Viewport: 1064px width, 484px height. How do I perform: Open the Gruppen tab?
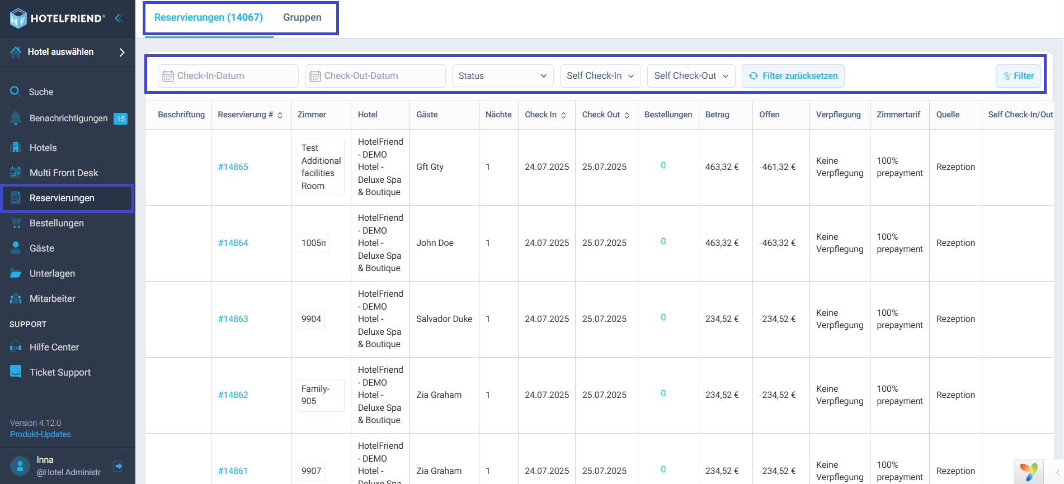(x=302, y=17)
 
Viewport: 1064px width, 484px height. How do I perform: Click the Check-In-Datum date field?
(x=228, y=76)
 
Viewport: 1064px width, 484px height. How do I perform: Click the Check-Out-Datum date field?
(x=375, y=76)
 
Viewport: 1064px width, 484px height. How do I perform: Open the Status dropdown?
(x=502, y=76)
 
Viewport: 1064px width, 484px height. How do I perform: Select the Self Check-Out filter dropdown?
(x=691, y=76)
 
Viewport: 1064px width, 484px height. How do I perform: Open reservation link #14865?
(x=233, y=167)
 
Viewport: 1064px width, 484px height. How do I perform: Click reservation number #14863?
(x=233, y=319)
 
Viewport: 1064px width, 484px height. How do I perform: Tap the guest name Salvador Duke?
(x=444, y=319)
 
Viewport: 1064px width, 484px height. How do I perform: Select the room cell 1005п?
(x=313, y=243)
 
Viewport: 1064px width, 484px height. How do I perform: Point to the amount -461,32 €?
(x=777, y=167)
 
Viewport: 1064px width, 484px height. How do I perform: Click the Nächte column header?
(x=498, y=115)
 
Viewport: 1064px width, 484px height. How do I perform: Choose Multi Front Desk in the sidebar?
(x=64, y=173)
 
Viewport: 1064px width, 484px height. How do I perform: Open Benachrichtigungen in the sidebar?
(x=68, y=118)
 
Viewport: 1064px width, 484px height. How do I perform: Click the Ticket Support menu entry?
(x=60, y=373)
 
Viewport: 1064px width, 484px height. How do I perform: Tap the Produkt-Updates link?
(x=40, y=434)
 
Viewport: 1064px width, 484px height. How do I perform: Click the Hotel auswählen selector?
(x=68, y=52)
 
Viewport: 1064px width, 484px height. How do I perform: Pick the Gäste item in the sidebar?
(x=42, y=249)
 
